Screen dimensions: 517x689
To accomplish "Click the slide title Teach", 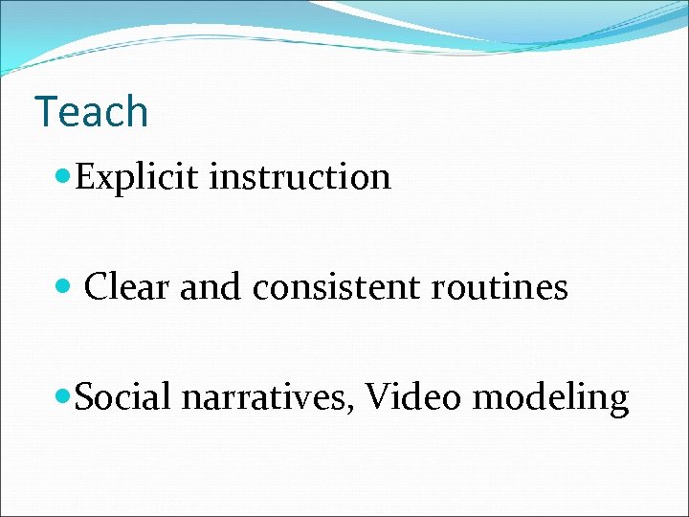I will (x=92, y=112).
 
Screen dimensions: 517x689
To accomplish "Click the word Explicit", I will (x=136, y=178).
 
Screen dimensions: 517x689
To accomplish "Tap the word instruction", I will (x=300, y=177).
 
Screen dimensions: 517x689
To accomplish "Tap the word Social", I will (x=122, y=395).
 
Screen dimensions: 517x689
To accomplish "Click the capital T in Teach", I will (x=45, y=112).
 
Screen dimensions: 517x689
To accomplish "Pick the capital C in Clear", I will (x=95, y=286).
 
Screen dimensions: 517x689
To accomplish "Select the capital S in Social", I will (x=84, y=395).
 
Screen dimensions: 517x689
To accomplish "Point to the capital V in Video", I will (x=377, y=395).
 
